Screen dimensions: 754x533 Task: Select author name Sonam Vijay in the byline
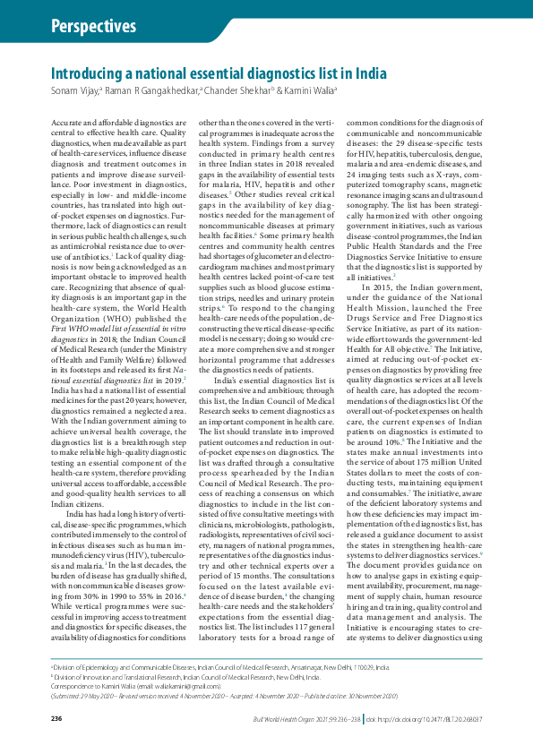coord(74,90)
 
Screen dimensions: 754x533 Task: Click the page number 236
coord(56,719)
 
